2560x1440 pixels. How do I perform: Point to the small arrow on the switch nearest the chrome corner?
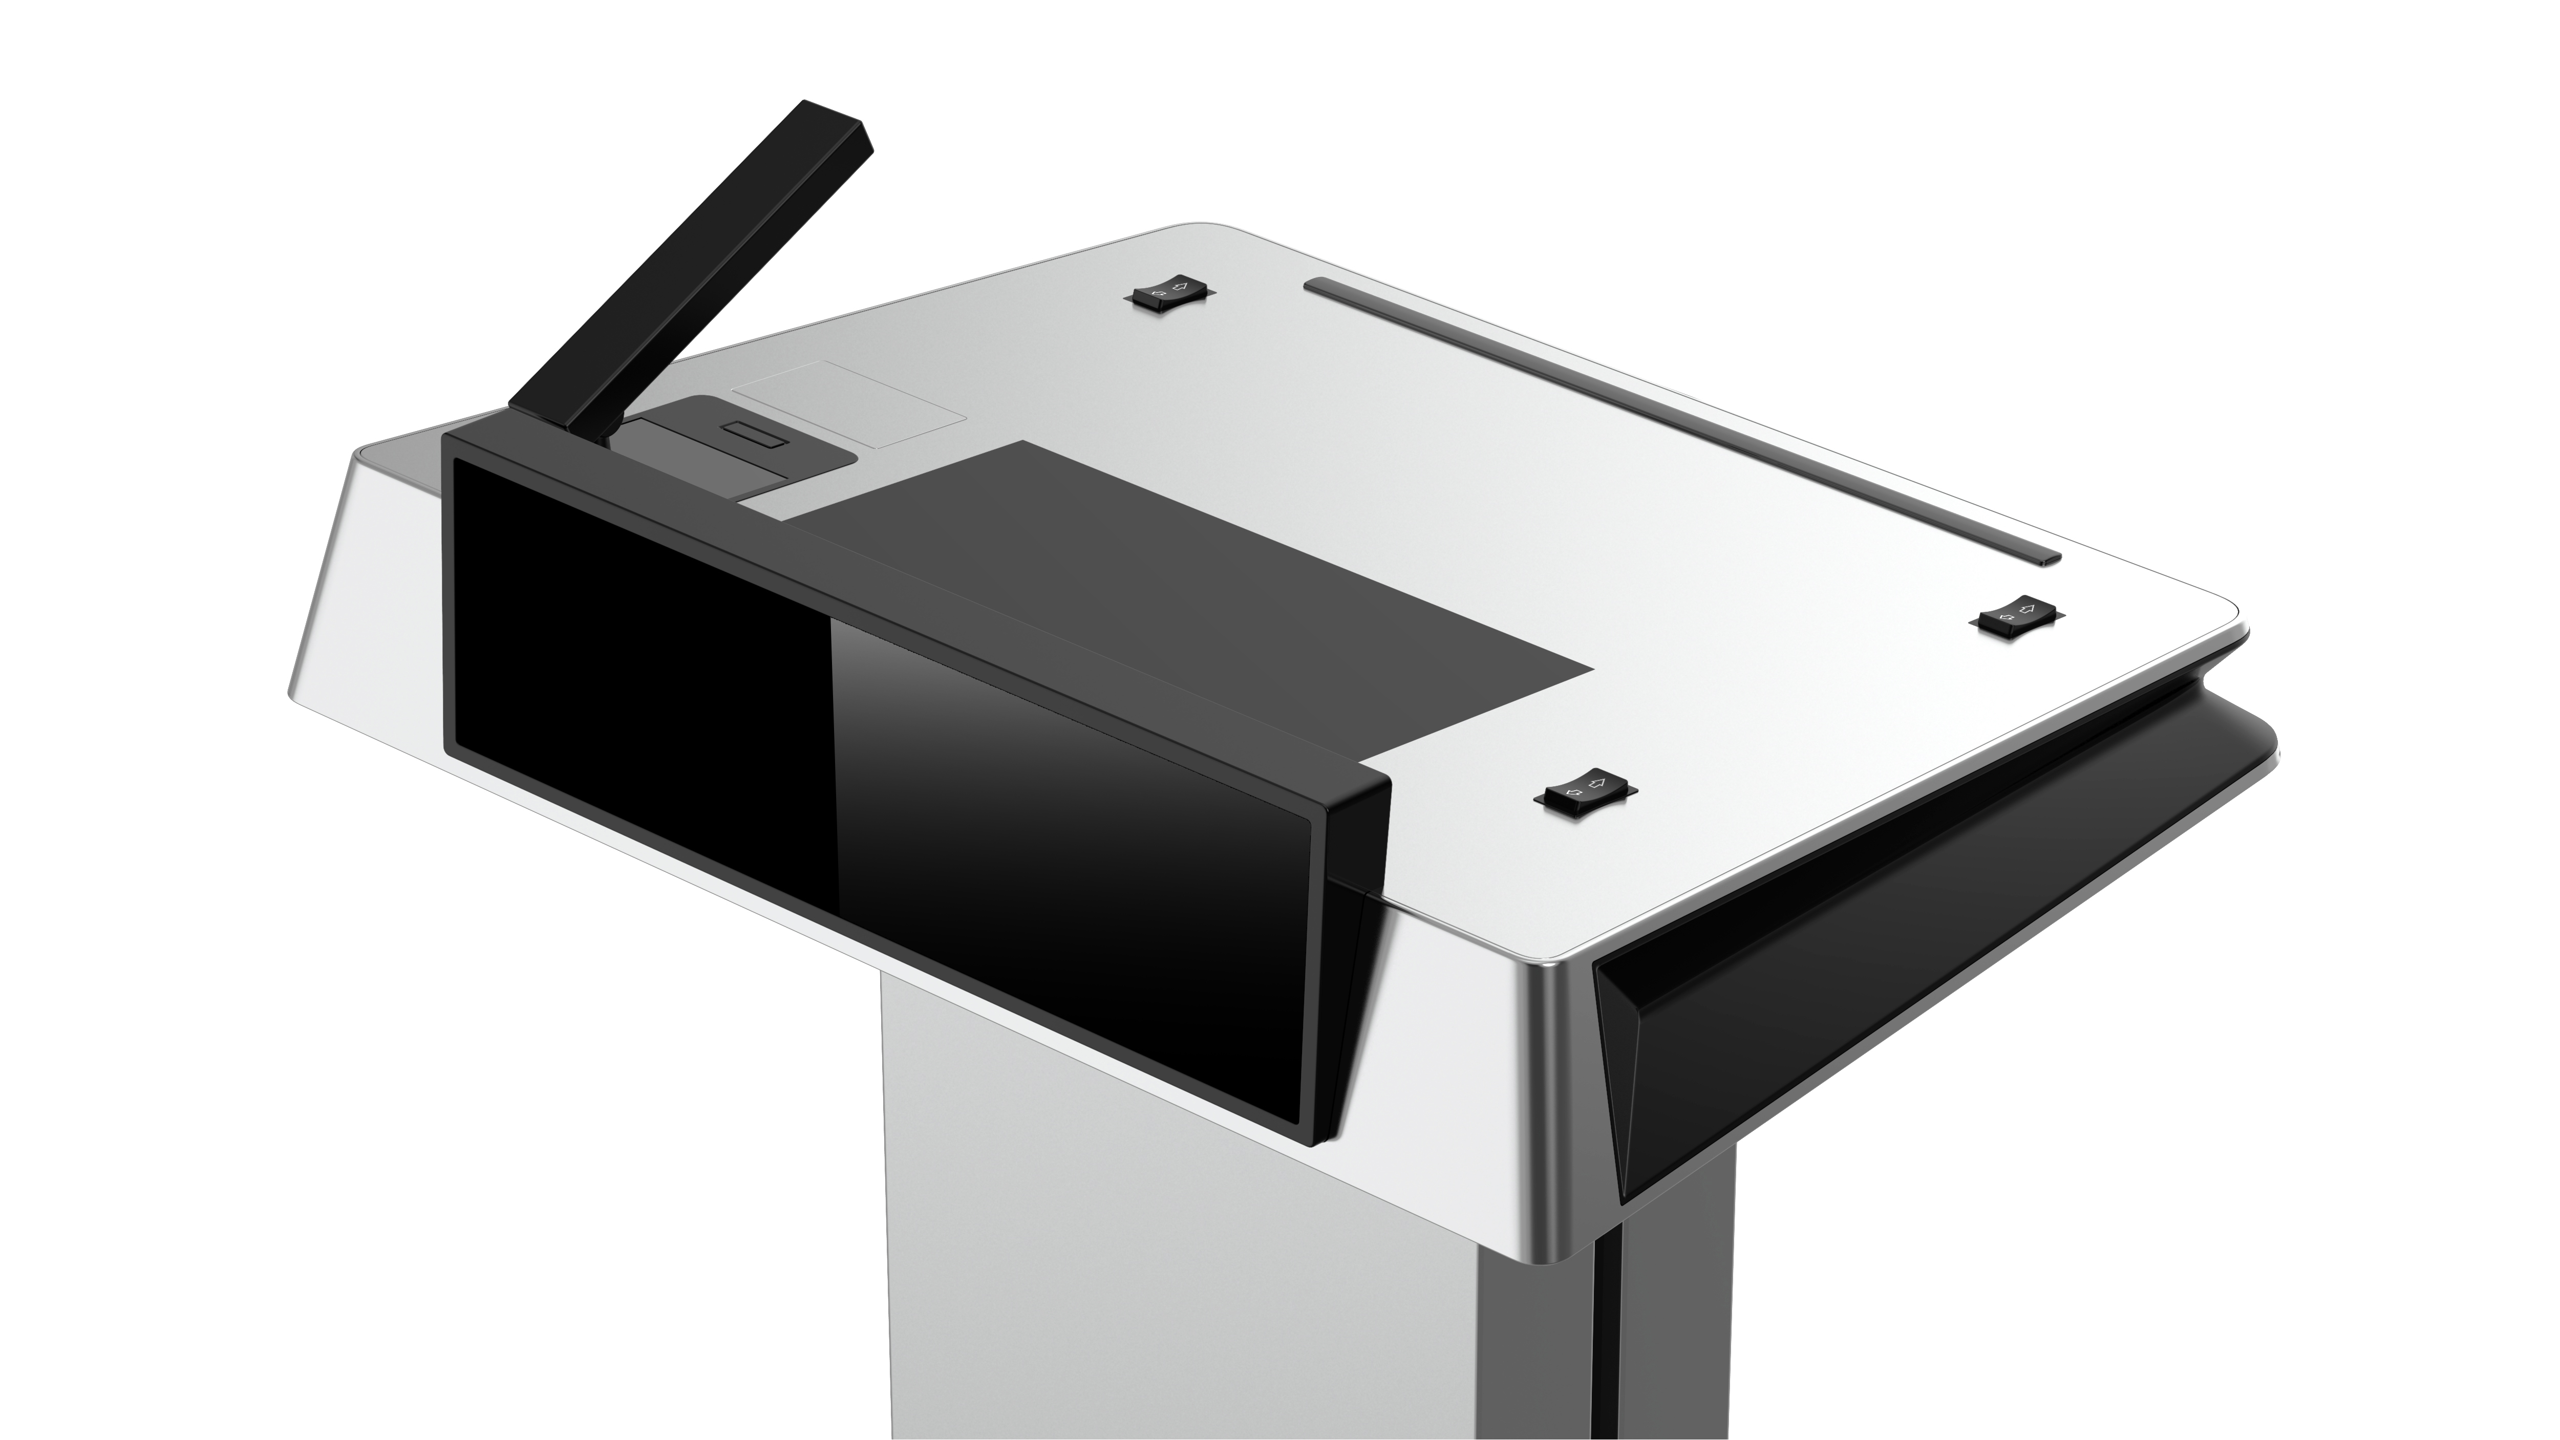(x=1572, y=793)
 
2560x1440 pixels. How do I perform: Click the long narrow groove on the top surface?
(x=1679, y=422)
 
